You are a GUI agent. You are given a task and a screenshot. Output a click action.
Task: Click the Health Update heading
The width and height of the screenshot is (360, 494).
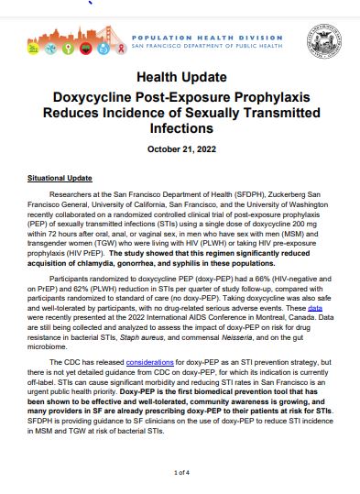pos(180,79)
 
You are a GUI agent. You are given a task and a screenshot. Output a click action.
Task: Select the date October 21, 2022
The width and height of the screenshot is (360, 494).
pos(180,149)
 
